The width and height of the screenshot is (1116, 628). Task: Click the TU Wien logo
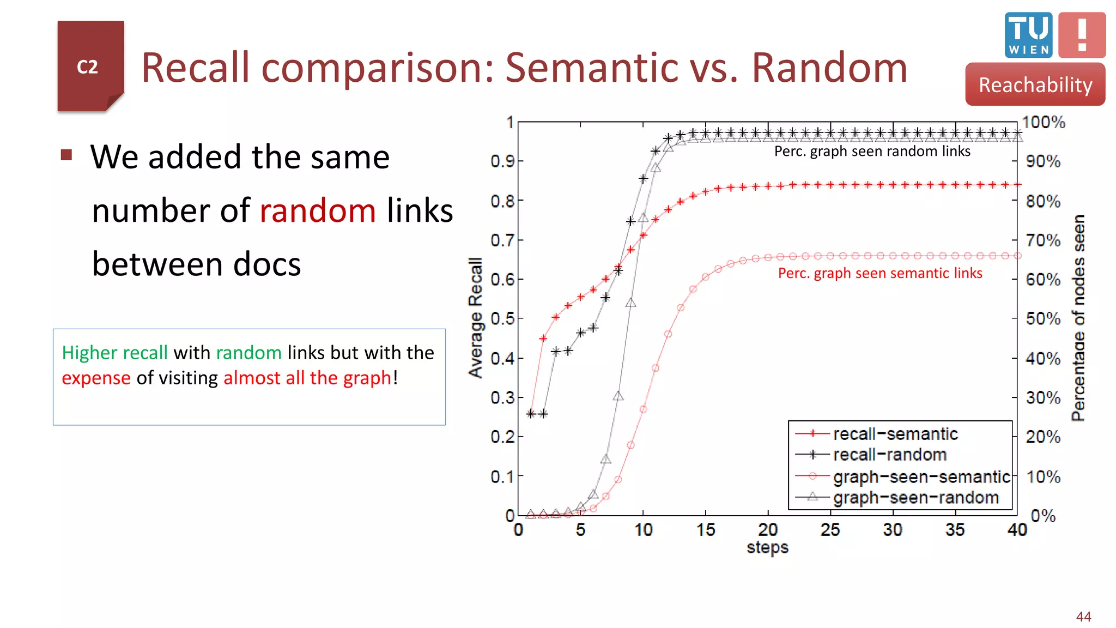pyautogui.click(x=1028, y=35)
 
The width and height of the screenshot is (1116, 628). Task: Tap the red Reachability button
pyautogui.click(x=1035, y=84)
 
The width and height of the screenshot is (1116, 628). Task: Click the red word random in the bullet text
pyautogui.click(x=318, y=211)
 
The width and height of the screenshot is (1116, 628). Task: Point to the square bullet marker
pyautogui.click(x=66, y=155)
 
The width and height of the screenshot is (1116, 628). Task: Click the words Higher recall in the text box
pyautogui.click(x=114, y=353)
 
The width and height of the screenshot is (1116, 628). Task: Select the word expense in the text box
pyautogui.click(x=96, y=378)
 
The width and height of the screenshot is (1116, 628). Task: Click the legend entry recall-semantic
pyautogui.click(x=895, y=434)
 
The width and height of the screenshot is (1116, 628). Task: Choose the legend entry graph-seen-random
pyautogui.click(x=915, y=497)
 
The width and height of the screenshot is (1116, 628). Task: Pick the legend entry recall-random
pyautogui.click(x=889, y=455)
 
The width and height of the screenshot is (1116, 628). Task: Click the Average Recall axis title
pyautogui.click(x=476, y=318)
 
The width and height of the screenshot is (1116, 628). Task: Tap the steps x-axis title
pyautogui.click(x=767, y=547)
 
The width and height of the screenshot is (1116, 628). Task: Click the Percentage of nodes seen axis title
pyautogui.click(x=1078, y=318)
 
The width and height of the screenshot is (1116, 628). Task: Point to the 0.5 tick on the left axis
pyautogui.click(x=502, y=318)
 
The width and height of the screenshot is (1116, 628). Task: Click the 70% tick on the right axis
pyautogui.click(x=1043, y=240)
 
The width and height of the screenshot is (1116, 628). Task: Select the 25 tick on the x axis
pyautogui.click(x=830, y=529)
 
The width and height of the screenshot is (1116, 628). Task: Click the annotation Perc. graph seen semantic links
pyautogui.click(x=880, y=273)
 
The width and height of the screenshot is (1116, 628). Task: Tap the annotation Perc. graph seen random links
pyautogui.click(x=872, y=151)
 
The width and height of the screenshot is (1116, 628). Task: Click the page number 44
pyautogui.click(x=1083, y=617)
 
